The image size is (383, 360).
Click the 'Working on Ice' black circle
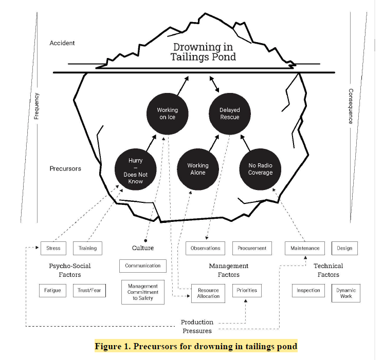click(167, 113)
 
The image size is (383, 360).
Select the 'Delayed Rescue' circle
click(229, 113)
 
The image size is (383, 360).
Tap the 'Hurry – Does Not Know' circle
click(136, 170)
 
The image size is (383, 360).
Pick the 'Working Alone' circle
click(197, 169)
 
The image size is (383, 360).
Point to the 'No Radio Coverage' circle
click(261, 169)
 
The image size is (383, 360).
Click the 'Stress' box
click(53, 248)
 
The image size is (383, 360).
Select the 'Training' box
click(87, 248)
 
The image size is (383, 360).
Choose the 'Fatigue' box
click(52, 290)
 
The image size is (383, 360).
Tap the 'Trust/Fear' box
click(88, 290)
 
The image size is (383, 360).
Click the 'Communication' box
click(143, 266)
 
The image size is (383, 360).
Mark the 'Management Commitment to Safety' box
click(143, 292)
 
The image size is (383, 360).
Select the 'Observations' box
click(205, 248)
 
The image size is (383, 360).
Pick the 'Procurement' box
click(252, 248)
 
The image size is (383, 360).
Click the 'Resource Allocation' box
click(208, 293)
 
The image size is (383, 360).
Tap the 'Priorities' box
click(246, 290)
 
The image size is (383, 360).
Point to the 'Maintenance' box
click(305, 248)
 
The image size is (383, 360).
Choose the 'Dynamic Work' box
click(345, 293)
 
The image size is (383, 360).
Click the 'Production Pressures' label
click(197, 327)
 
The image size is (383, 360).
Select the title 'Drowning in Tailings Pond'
click(203, 52)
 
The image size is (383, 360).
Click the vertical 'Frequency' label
click(37, 105)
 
